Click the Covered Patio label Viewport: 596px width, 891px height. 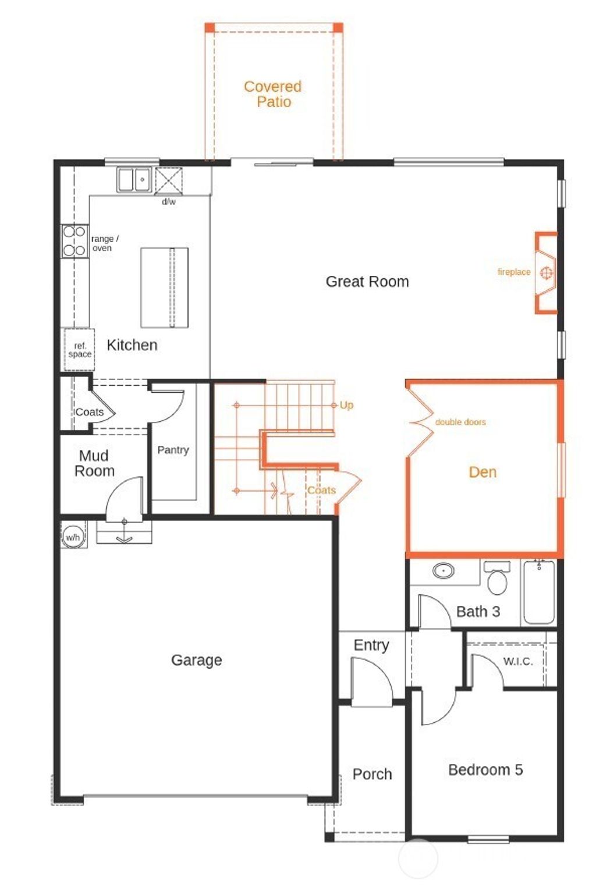coord(273,94)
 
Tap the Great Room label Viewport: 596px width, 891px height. coord(367,282)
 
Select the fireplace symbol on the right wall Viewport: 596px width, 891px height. coord(545,272)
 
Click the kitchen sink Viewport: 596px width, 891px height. coord(134,179)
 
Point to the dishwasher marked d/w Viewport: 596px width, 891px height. coord(169,180)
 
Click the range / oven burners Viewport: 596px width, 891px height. coord(74,241)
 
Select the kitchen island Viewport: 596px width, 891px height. coord(164,287)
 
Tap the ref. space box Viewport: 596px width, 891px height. coord(79,350)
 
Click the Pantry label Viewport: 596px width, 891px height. coord(173,450)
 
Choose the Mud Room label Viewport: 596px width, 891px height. coord(94,463)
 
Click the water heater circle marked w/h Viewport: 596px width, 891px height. coord(73,537)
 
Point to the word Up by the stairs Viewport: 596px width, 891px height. coord(346,405)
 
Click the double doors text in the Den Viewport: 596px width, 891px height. coord(460,422)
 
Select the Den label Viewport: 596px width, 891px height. coord(483,472)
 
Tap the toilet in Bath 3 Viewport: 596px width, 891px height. coord(497,580)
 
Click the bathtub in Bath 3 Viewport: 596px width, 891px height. coord(539,592)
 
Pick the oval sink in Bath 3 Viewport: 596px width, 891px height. coord(444,571)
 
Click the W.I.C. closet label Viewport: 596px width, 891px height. coord(517,661)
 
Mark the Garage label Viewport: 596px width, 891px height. coord(196,660)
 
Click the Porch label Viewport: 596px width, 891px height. coord(372,774)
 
